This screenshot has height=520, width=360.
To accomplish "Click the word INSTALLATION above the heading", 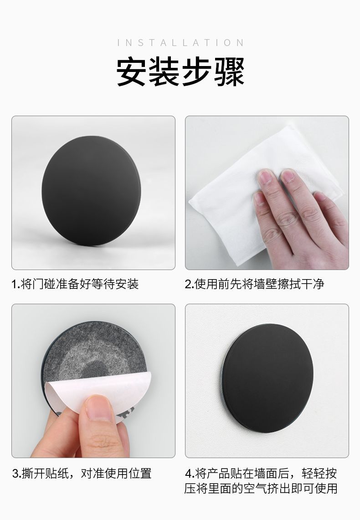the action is pos(180,43).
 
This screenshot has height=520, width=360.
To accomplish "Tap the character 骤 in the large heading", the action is pos(229,71).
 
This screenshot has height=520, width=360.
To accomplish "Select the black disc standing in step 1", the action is pos(91,191).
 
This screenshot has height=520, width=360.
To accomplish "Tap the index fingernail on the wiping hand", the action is pos(265,176).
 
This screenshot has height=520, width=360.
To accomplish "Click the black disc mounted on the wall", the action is pos(267,378).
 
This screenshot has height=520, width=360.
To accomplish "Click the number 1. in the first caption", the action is pos(15,284).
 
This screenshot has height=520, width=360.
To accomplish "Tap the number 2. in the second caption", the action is pos(189,284).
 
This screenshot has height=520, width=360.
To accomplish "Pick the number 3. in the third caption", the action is pos(16,473).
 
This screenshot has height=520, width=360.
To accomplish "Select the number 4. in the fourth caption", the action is pos(190,473).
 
